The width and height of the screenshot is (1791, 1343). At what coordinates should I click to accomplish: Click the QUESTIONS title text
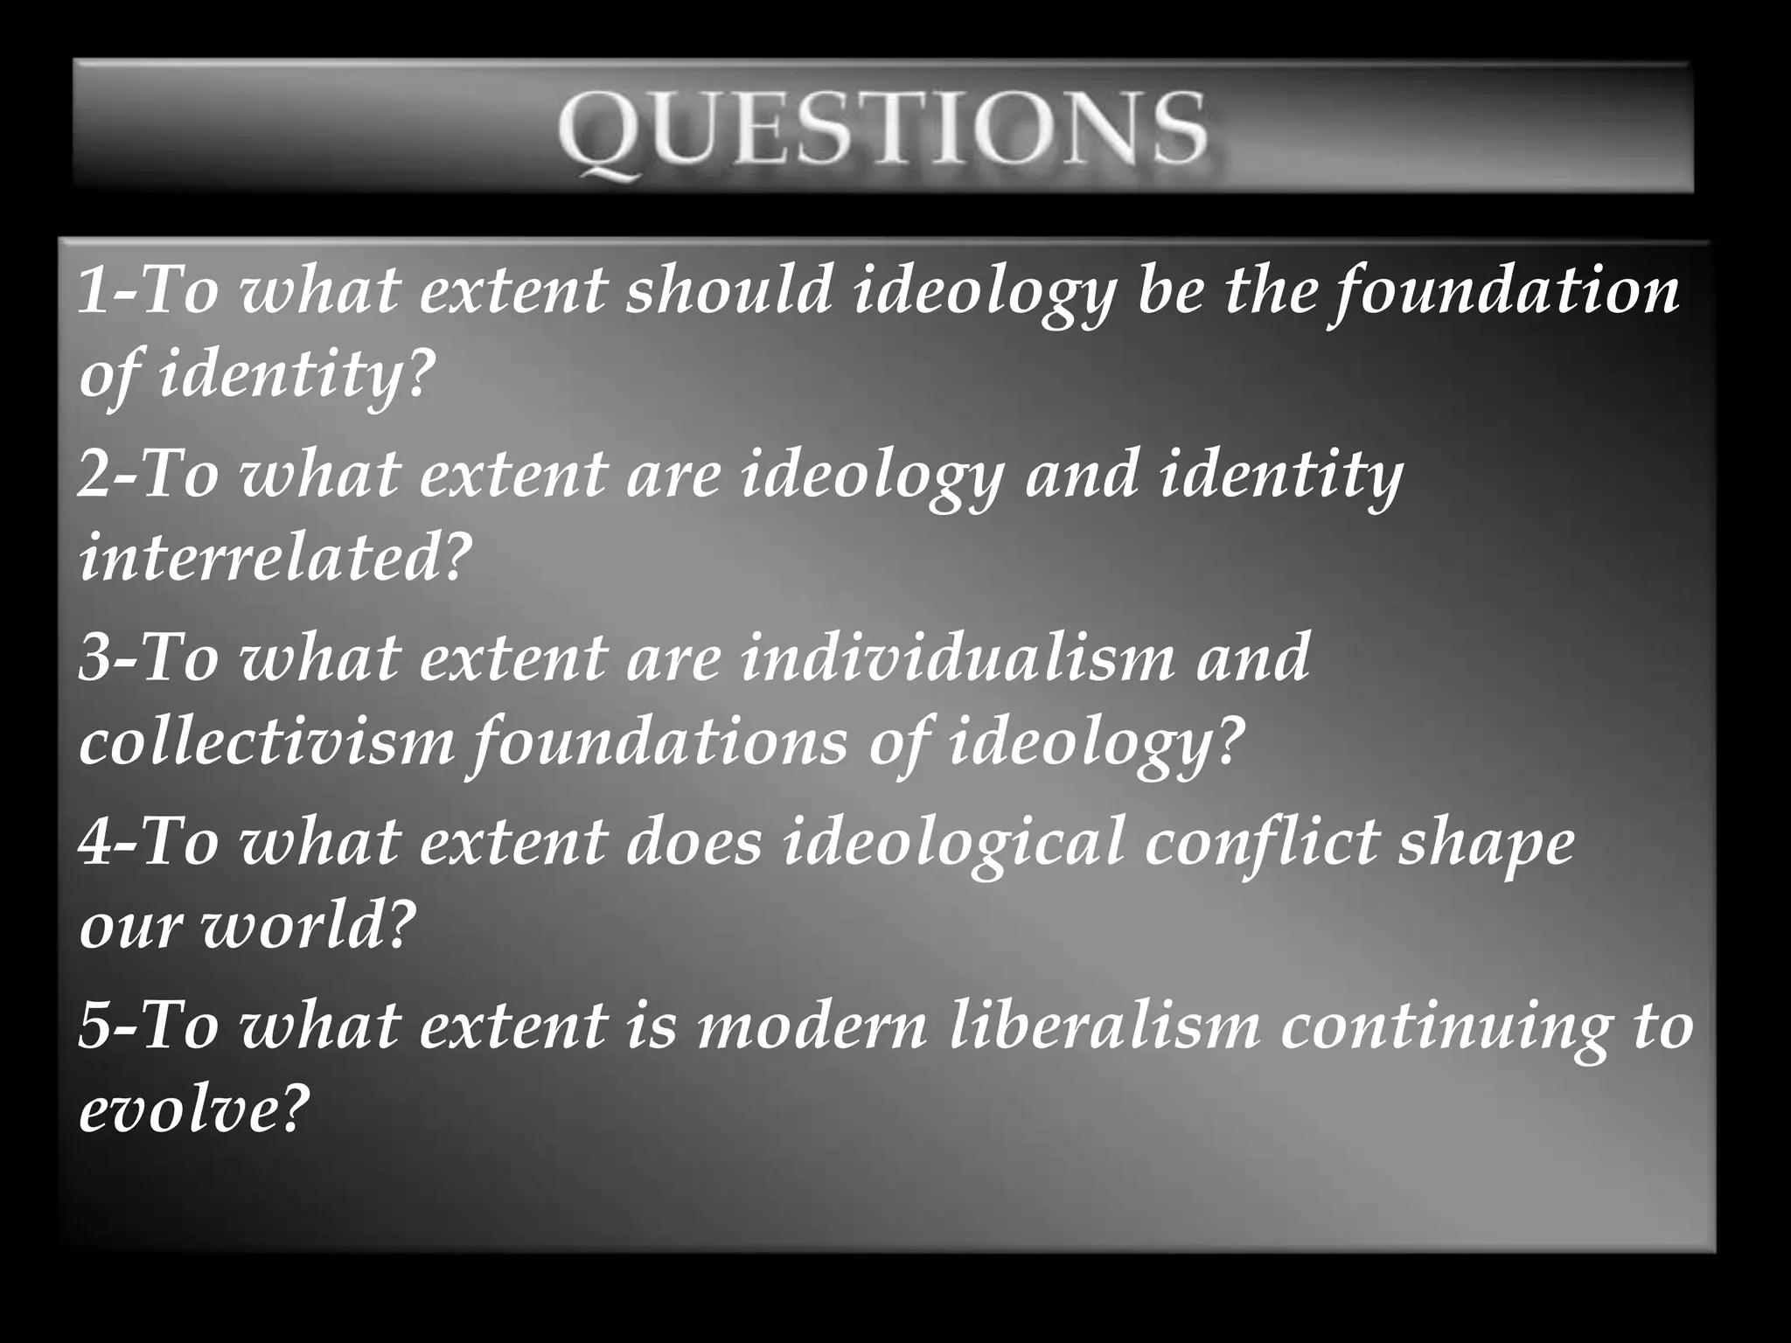pos(883,131)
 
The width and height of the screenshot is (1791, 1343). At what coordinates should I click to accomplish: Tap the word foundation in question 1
pos(1504,291)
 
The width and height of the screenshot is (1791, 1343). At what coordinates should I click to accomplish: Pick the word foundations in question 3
pos(657,743)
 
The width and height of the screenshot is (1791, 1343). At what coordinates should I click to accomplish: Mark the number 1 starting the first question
pos(93,293)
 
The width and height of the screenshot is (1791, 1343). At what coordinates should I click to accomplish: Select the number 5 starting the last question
pos(94,1026)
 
